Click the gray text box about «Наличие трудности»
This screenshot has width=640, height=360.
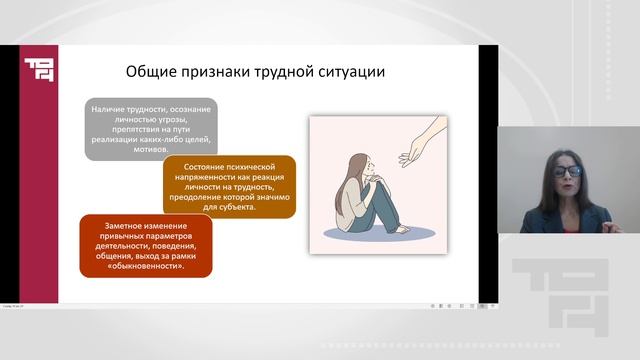(152, 128)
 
